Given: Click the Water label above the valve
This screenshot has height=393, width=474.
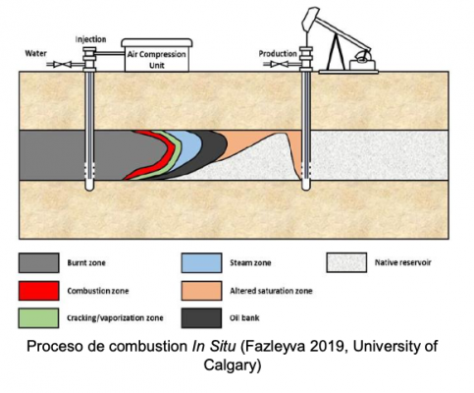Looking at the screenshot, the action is point(36,53).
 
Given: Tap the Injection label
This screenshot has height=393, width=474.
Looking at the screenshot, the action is point(90,39).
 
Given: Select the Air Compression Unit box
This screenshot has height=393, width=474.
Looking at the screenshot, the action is point(157,55).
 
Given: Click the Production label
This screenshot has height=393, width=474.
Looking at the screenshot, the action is point(278,53).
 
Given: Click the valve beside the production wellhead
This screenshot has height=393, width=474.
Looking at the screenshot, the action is point(279,64).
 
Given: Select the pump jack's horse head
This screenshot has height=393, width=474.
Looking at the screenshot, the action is point(310,19).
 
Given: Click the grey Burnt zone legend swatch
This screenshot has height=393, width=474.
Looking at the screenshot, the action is point(39,262).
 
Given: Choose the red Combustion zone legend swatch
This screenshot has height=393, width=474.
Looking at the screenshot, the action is point(39,291).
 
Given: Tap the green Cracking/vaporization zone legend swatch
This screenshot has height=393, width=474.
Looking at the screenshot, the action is point(38,318).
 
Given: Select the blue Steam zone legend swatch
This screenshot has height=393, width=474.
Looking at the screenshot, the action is point(201,262).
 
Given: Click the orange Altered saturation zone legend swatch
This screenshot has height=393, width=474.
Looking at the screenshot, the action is point(201,291).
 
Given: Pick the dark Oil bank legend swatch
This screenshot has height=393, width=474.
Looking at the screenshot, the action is point(201,318).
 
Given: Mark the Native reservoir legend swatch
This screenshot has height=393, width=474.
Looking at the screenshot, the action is point(346,262).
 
